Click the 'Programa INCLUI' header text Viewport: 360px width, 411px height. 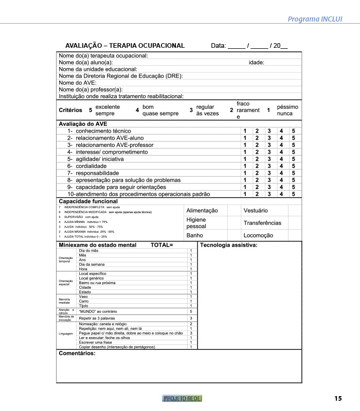point(315,20)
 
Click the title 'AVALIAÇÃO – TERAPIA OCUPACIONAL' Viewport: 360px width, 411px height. point(125,46)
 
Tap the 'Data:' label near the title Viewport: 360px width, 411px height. point(219,46)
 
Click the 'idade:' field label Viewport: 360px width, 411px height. point(256,62)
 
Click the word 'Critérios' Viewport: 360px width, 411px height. point(70,110)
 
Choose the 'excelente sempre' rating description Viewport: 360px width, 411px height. point(107,110)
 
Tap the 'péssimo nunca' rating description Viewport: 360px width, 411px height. point(287,110)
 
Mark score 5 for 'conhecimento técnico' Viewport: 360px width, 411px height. point(294,131)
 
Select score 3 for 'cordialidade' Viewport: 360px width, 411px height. point(268,166)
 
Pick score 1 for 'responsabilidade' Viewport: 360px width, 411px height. point(245,173)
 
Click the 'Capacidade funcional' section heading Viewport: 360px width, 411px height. point(88,201)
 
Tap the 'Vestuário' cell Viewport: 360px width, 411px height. point(256,211)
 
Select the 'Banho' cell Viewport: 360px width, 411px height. point(195,235)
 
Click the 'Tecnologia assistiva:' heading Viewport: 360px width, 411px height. point(229,245)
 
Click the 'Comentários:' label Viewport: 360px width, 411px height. point(77,353)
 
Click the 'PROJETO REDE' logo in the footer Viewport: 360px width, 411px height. point(182,398)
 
